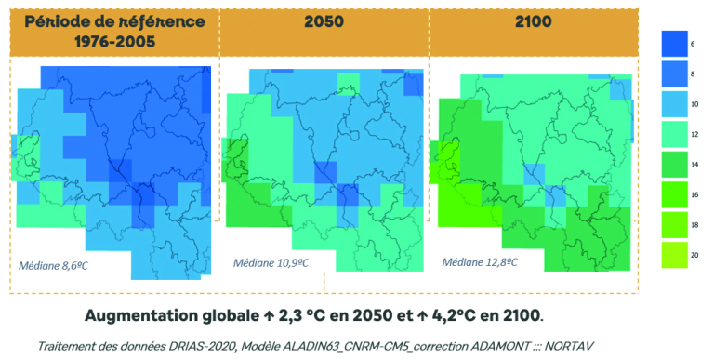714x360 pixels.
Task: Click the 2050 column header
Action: click(x=324, y=21)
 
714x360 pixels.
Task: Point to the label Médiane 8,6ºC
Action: click(x=62, y=264)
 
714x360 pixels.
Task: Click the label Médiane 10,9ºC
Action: click(x=274, y=263)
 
